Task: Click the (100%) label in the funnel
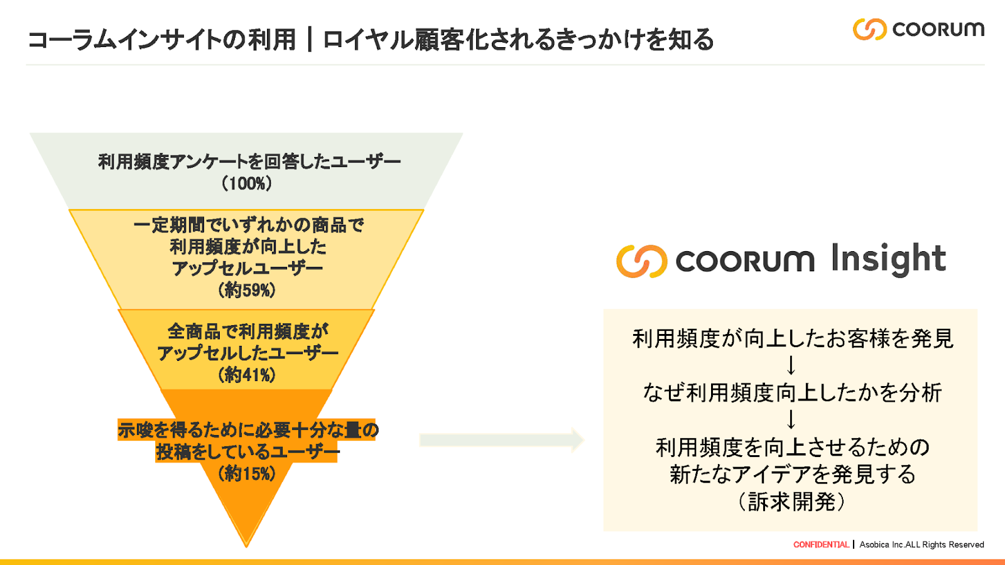247,184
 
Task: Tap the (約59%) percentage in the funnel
247,290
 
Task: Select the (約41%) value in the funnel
247,375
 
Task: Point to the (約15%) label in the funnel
247,473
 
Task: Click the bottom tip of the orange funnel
246,541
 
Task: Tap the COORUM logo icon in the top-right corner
869,29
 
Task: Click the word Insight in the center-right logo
888,259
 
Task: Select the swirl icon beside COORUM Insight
641,261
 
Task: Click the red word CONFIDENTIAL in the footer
821,545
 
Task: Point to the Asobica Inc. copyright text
921,545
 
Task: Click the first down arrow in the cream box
791,365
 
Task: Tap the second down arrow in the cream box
791,419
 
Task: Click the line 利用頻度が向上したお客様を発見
793,339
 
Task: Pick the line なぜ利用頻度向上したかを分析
793,393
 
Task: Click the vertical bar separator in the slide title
309,40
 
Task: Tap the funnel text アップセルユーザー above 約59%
247,269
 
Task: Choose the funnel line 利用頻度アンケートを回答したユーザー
249,162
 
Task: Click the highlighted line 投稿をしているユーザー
247,452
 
